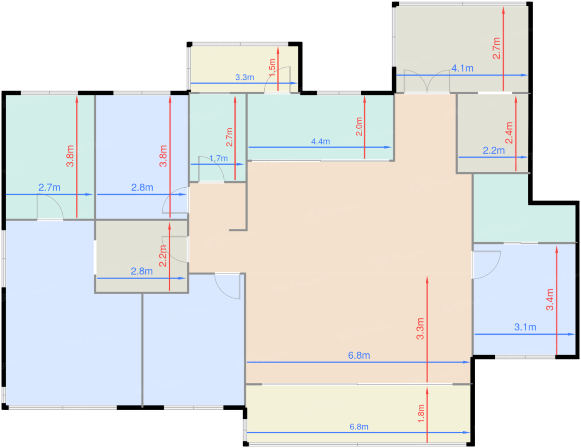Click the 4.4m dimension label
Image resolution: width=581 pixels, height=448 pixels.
click(x=320, y=142)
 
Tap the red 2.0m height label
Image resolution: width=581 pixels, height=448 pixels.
click(x=359, y=127)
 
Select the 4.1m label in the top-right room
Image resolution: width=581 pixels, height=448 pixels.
click(x=462, y=68)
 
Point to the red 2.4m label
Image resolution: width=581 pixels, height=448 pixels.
click(x=509, y=133)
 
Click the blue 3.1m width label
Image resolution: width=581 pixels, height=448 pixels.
click(x=525, y=327)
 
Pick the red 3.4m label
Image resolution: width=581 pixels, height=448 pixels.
click(x=550, y=299)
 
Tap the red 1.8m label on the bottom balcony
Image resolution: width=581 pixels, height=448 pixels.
click(x=421, y=414)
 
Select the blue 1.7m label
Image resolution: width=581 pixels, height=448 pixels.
click(x=218, y=158)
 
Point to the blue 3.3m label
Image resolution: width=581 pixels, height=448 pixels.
click(x=244, y=77)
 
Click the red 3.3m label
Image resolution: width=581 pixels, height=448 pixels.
click(x=420, y=329)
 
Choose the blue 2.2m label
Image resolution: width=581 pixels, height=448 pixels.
click(x=493, y=150)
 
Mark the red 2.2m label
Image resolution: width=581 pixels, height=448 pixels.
click(x=163, y=256)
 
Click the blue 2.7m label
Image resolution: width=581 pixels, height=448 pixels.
click(x=49, y=187)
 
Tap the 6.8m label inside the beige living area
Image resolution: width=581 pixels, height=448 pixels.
click(x=359, y=355)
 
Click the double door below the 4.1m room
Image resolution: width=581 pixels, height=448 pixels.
click(x=427, y=81)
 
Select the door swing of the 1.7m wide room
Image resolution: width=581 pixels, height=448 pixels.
click(x=211, y=169)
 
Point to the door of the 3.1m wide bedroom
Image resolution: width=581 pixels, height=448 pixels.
click(x=486, y=265)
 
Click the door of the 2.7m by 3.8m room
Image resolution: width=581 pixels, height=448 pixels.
click(x=50, y=207)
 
